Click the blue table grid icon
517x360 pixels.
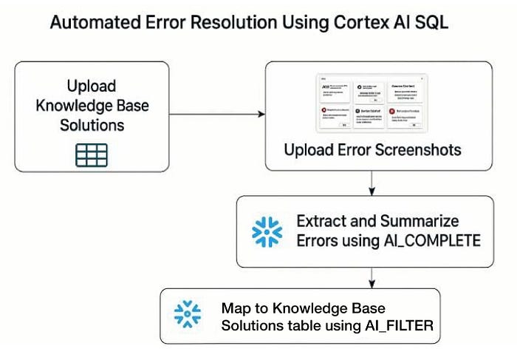(x=92, y=154)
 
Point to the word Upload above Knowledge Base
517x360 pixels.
(x=92, y=86)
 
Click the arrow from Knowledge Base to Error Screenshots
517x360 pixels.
(x=216, y=115)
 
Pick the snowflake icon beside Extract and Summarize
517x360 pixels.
(x=267, y=231)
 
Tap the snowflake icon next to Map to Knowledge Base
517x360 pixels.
(x=188, y=313)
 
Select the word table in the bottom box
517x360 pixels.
(x=286, y=323)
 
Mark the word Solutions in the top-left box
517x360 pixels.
(x=92, y=125)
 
